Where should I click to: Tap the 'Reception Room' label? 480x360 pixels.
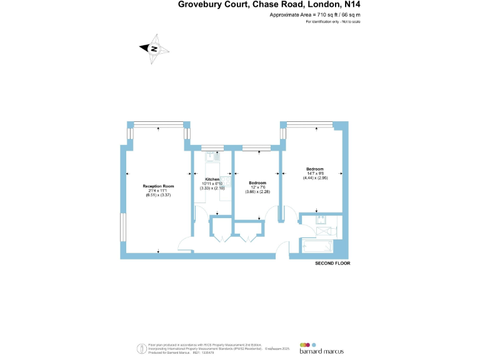click(158, 186)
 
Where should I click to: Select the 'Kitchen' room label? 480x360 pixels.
click(211, 179)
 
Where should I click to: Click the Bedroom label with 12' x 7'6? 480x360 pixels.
click(257, 182)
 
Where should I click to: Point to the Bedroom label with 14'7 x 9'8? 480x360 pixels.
click(314, 169)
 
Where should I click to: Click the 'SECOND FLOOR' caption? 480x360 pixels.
click(332, 264)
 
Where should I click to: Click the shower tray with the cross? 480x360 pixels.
click(326, 231)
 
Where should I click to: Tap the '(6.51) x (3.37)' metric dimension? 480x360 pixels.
click(158, 196)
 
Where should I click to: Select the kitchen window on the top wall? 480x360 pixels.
click(212, 148)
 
